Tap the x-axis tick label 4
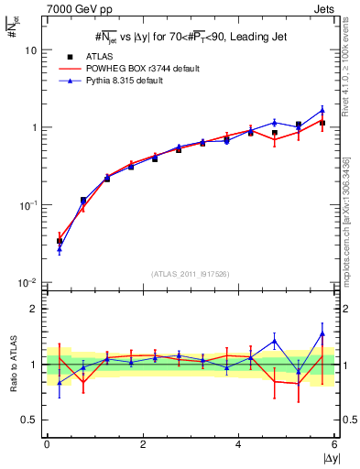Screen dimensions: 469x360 [x=239, y=444]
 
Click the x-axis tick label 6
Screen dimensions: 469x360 [x=334, y=444]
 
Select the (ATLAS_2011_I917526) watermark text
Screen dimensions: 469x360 [x=191, y=274]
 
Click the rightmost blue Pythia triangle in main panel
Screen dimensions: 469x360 [x=322, y=110]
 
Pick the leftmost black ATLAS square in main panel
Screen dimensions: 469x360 [x=60, y=242]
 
